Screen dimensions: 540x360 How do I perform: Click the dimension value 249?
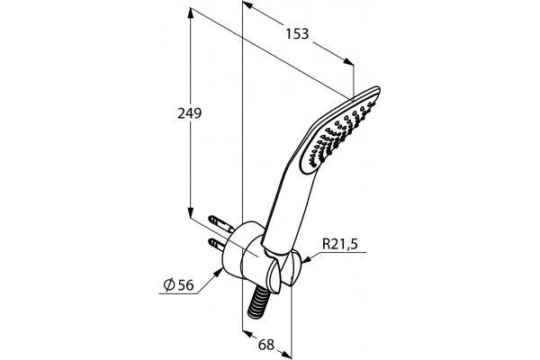point(189,113)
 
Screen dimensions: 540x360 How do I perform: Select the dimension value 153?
point(297,34)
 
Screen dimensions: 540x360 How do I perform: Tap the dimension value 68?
point(266,345)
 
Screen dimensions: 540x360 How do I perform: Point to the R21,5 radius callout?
point(340,244)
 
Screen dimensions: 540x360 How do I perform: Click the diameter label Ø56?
point(179,285)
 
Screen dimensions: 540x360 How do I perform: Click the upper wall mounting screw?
point(221,223)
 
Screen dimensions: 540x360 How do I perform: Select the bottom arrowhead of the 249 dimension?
point(190,212)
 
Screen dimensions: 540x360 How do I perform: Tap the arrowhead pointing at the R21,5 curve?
point(306,260)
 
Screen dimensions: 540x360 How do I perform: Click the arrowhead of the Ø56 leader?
point(218,273)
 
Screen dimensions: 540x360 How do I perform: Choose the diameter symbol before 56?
point(169,285)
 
